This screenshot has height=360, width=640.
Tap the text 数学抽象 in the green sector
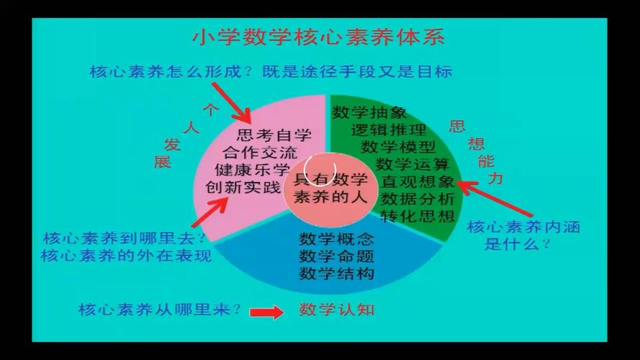click(369, 113)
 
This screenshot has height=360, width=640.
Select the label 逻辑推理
click(389, 130)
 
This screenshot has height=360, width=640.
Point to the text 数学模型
click(398, 147)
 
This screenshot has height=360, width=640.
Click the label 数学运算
click(413, 164)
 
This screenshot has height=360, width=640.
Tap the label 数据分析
click(418, 198)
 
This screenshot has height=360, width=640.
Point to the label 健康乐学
click(252, 171)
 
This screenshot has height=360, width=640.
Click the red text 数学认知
click(337, 310)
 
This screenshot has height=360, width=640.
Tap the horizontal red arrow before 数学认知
click(267, 312)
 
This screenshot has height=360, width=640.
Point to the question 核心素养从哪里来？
click(160, 310)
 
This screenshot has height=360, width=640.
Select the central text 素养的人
click(331, 197)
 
